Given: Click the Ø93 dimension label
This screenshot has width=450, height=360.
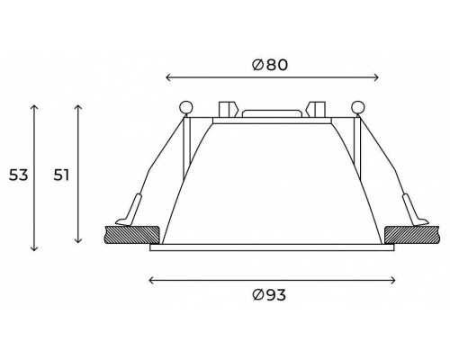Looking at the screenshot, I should click(269, 295).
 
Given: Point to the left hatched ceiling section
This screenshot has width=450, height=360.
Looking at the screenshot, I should click(133, 235).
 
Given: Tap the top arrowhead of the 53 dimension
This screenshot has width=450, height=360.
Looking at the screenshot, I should click(34, 105).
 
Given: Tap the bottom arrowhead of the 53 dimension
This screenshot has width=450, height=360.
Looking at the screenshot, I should click(34, 248).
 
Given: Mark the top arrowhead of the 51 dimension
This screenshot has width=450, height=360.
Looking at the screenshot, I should click(80, 105).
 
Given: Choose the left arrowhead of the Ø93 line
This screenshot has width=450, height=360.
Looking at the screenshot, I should click(149, 280).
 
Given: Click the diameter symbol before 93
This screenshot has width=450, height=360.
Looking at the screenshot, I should click(257, 295).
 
